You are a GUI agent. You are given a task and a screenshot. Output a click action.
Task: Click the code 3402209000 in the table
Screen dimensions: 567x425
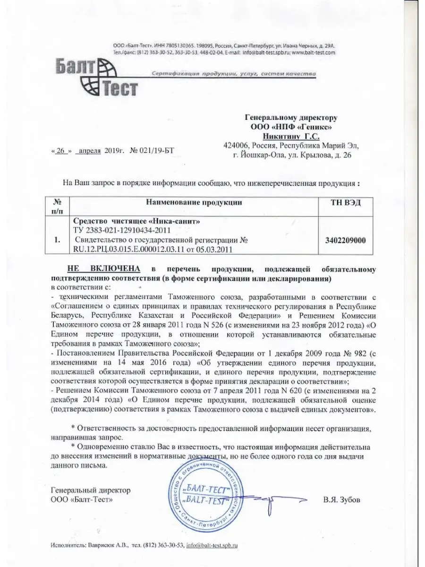[346, 240]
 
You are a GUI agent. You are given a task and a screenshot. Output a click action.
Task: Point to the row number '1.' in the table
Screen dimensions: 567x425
[57, 240]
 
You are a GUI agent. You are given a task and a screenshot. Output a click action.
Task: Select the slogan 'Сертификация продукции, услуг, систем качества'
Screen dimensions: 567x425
[233, 75]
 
